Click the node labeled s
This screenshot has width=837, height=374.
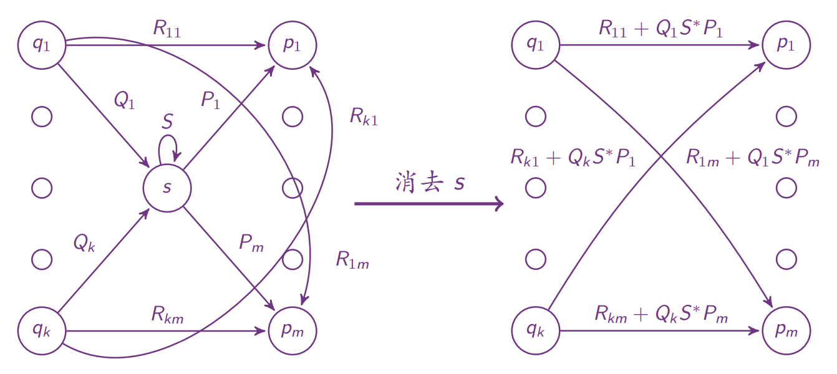tap(167, 188)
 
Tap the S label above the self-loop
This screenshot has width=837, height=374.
tap(167, 122)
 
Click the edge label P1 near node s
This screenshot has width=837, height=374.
tap(210, 100)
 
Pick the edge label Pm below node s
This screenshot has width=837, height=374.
tap(251, 244)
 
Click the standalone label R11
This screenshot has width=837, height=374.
tap(167, 29)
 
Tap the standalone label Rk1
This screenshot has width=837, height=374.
tap(364, 117)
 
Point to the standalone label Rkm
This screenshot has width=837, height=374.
tap(167, 315)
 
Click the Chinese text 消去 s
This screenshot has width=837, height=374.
tap(430, 182)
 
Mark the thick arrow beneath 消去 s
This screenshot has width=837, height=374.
tap(428, 203)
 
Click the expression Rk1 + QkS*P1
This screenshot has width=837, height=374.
tap(573, 158)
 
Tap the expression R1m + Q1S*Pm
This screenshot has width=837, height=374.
tap(753, 158)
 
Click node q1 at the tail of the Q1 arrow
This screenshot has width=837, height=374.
tap(42, 45)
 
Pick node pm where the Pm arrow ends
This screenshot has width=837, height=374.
tap(293, 331)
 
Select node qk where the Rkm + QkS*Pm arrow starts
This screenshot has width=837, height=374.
tap(535, 331)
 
